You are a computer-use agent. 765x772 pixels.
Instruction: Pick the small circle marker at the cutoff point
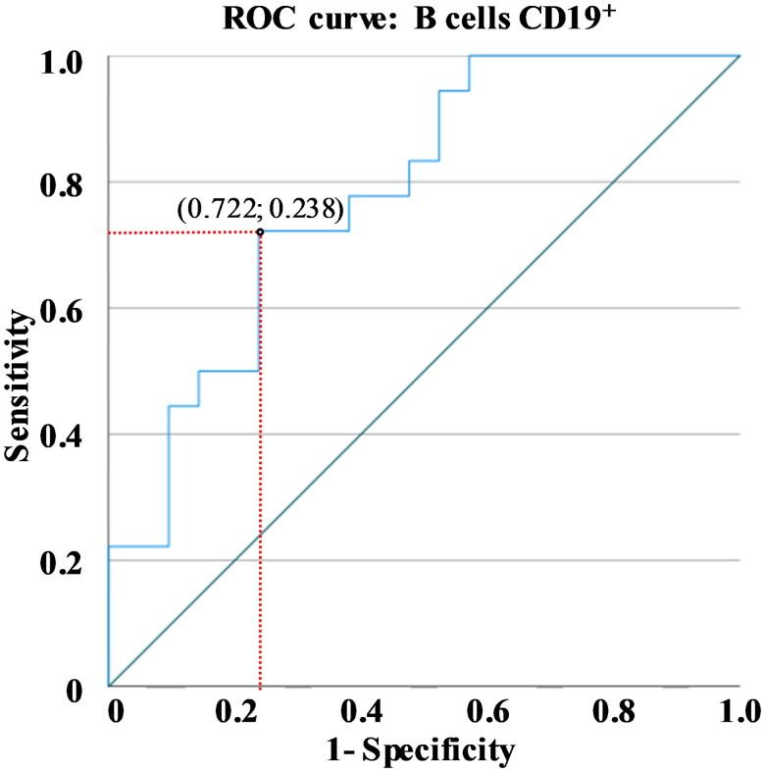pos(259,232)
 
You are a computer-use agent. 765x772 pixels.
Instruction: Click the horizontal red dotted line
pos(182,232)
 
